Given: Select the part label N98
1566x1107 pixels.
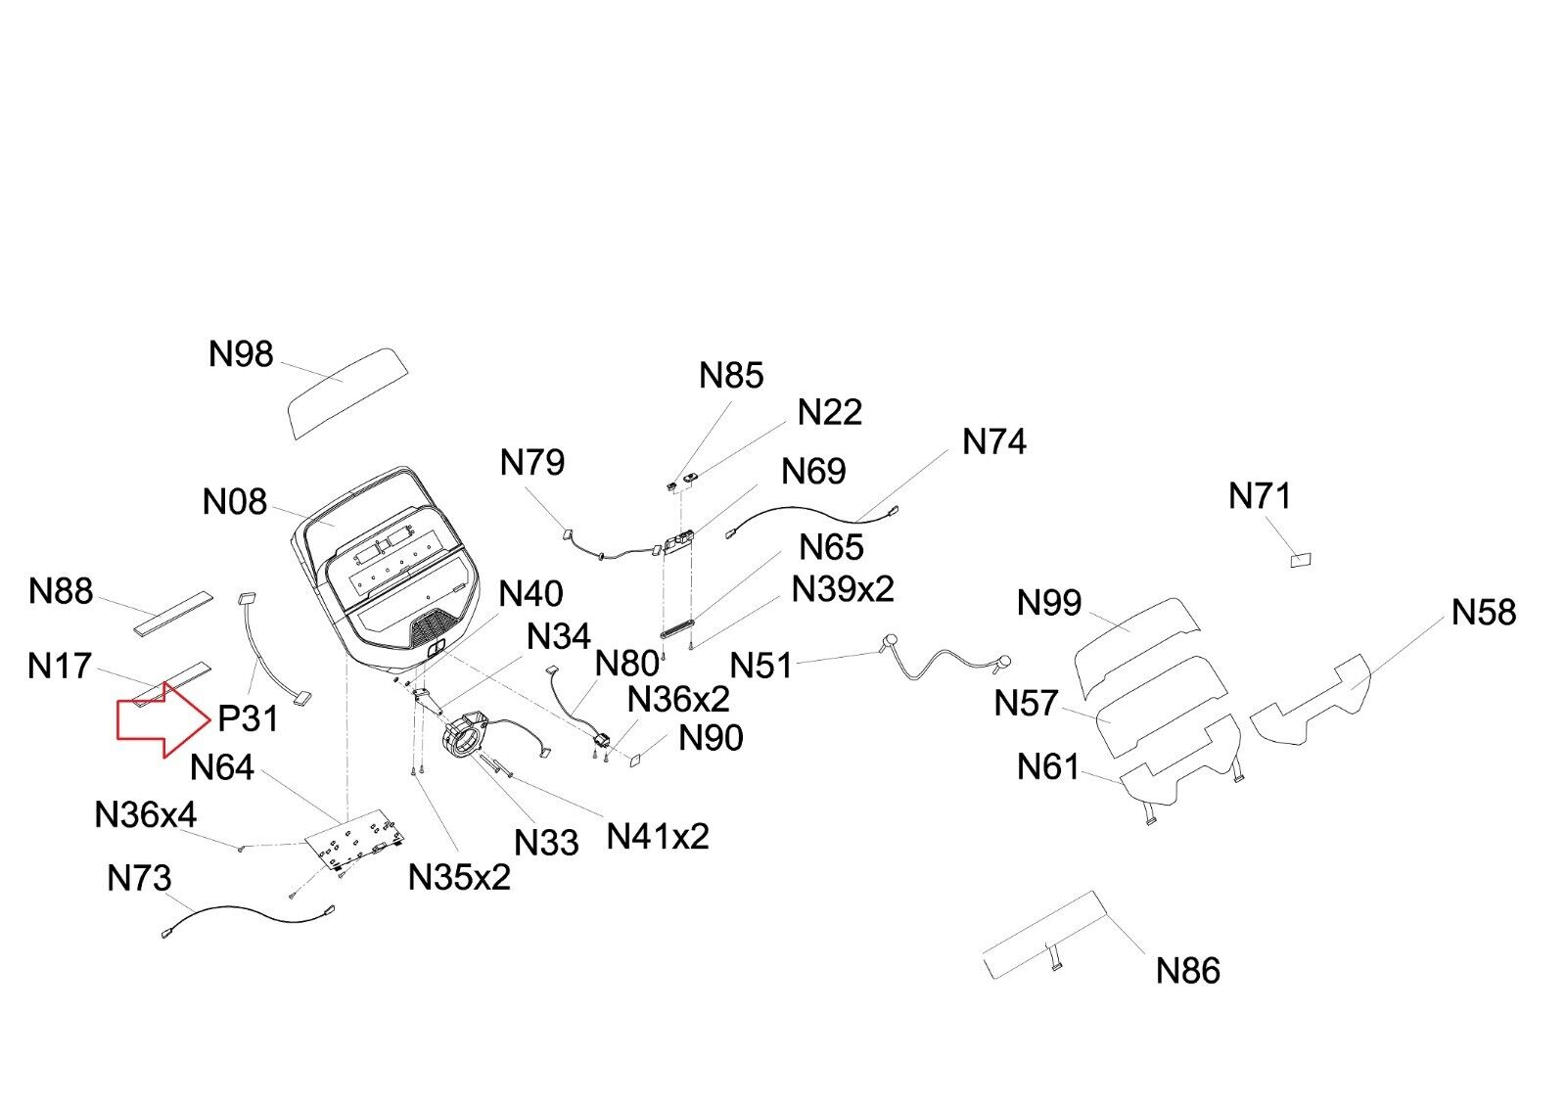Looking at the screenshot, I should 241,354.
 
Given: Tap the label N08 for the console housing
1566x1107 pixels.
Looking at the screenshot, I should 234,502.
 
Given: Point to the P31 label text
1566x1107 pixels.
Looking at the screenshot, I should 248,719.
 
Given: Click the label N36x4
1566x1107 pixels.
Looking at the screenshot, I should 145,814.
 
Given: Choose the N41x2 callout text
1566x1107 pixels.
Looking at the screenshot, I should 658,837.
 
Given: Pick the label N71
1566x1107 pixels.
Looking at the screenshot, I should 1260,496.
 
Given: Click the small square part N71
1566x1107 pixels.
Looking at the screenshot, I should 1301,560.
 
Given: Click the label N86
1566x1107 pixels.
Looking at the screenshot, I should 1188,971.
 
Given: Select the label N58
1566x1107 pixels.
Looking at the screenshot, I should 1484,613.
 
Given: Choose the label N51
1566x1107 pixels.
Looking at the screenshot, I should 760,667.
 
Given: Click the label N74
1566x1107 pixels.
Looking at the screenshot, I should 994,442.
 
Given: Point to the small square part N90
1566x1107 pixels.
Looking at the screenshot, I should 635,757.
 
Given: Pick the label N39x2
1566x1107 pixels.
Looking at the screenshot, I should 843,589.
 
